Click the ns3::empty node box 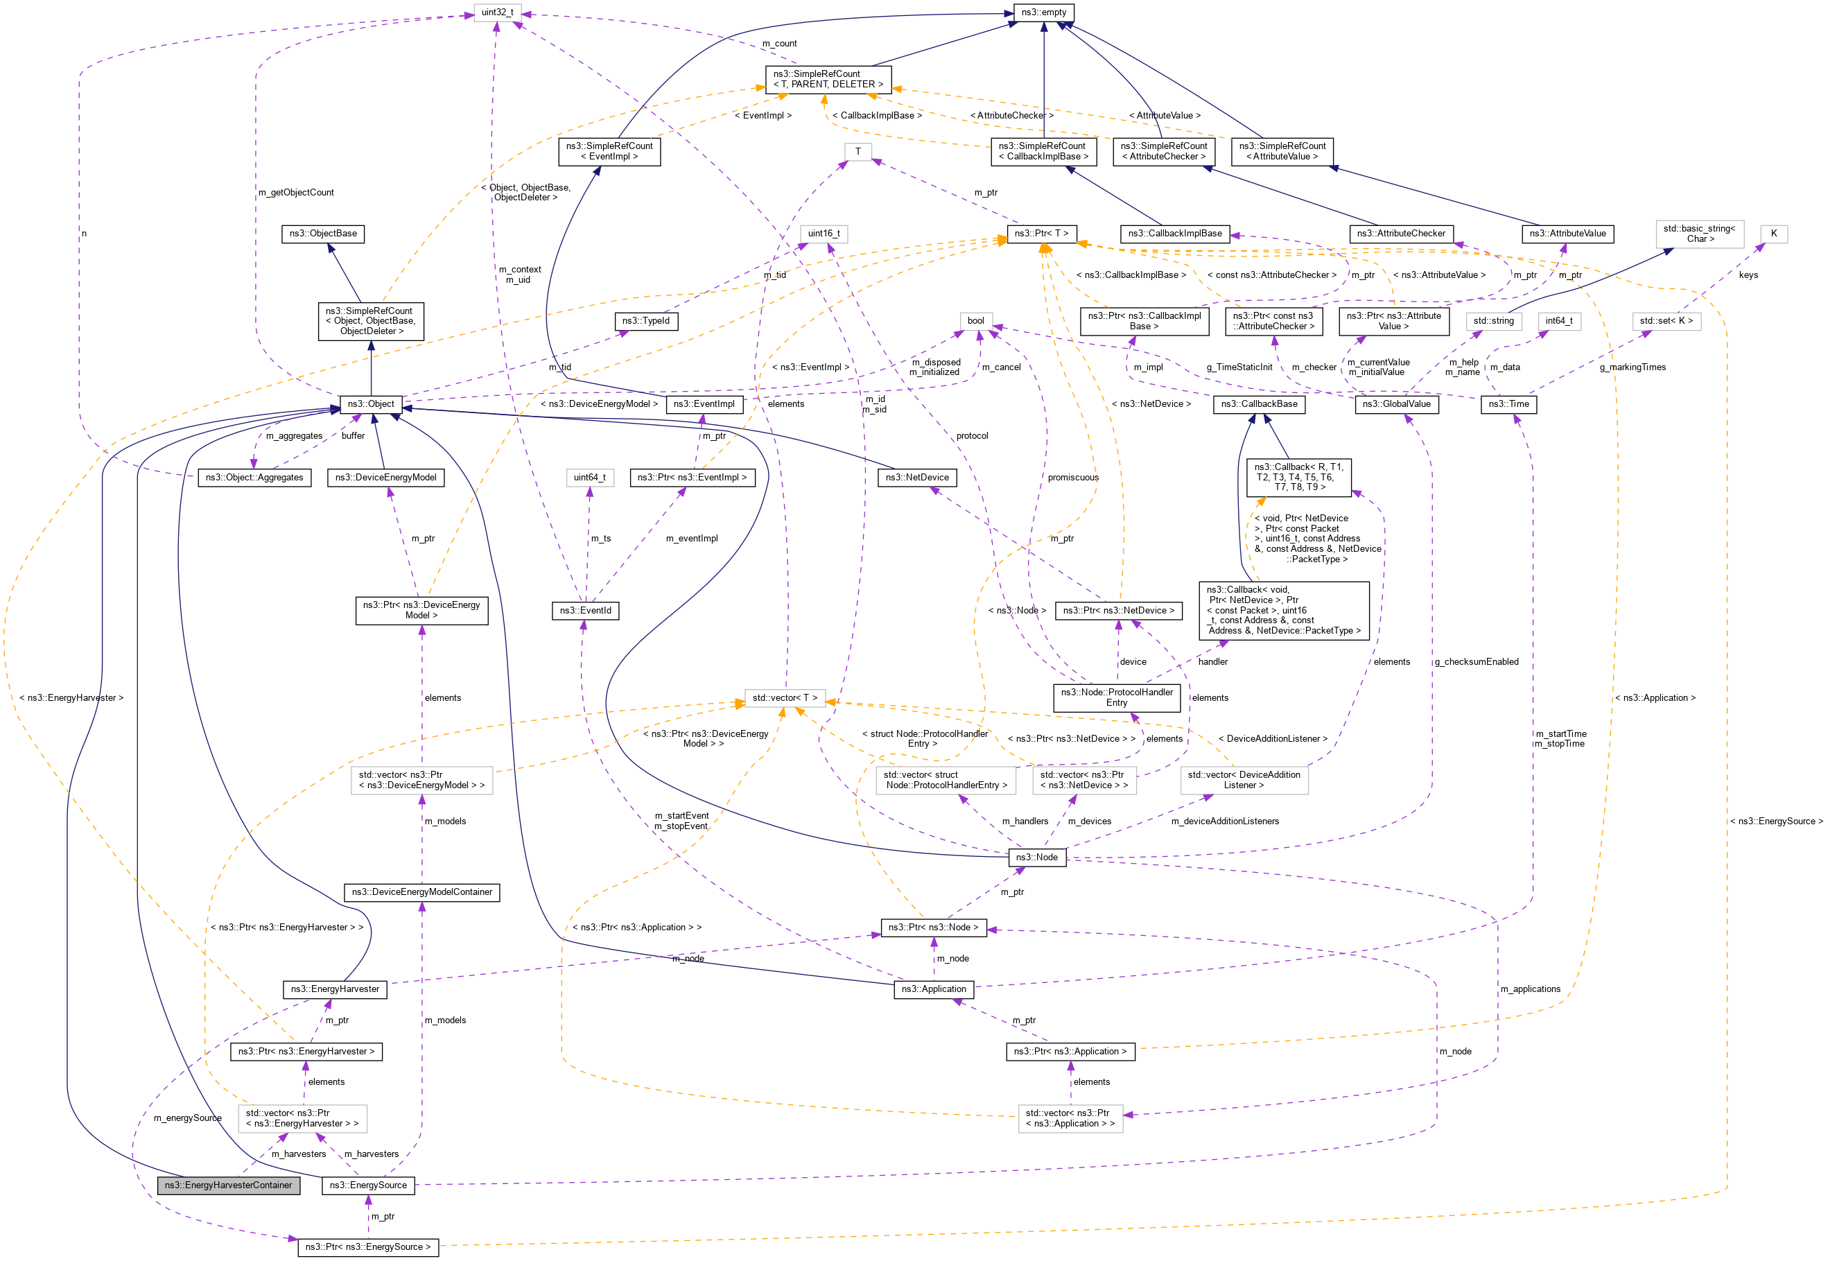pos(1043,12)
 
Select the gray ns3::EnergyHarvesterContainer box pos(228,1185)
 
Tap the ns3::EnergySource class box pos(368,1185)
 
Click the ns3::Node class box pos(1036,858)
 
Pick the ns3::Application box pos(934,989)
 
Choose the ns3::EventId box pos(585,611)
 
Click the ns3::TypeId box pos(645,321)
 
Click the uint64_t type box pos(589,477)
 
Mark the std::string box pos(1493,321)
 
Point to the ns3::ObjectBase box pos(323,234)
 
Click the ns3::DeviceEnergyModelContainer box pos(422,892)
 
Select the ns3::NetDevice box pos(917,477)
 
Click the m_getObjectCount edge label pos(295,193)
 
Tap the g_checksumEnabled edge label pos(1476,662)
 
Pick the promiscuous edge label pos(1073,477)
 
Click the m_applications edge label pos(1530,989)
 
